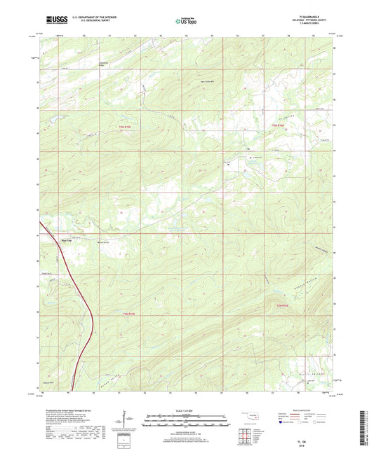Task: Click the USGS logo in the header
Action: coord(50,22)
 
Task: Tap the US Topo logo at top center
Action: coord(187,22)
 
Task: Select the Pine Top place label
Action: coord(51,239)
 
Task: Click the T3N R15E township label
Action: coord(116,124)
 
